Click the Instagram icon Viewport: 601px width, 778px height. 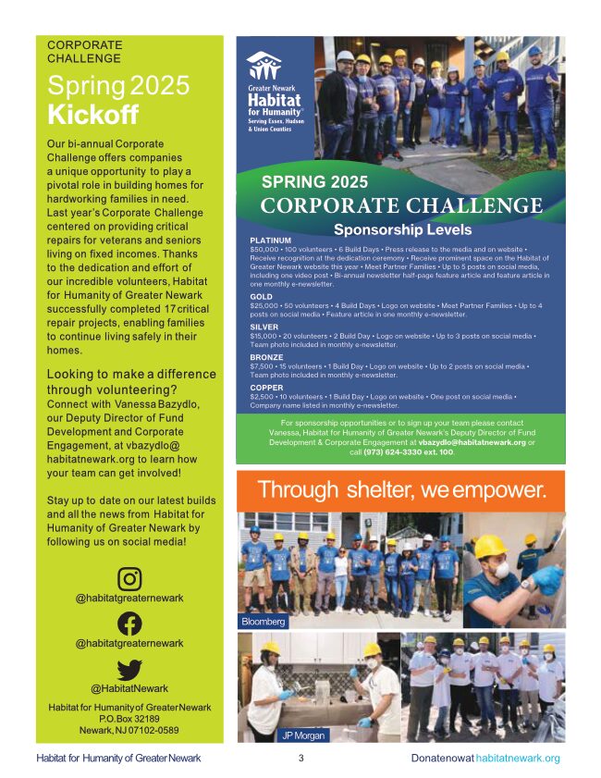tap(129, 579)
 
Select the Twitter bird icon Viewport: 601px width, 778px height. tap(129, 668)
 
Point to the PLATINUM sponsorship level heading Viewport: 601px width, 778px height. tap(271, 241)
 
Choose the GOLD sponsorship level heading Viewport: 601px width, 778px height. tap(261, 297)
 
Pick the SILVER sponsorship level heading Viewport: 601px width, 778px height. tap(264, 327)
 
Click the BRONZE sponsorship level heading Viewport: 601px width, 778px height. tap(268, 355)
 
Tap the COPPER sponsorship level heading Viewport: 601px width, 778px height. tap(267, 388)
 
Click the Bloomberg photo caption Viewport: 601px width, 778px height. tap(263, 622)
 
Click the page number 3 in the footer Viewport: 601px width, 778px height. tap(300, 759)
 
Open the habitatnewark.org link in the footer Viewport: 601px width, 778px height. tap(518, 759)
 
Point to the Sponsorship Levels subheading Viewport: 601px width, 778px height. tap(402, 229)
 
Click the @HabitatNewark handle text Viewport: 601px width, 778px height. tap(129, 688)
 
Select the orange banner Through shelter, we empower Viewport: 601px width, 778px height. tap(400, 489)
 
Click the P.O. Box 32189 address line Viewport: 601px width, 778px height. tap(129, 719)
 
